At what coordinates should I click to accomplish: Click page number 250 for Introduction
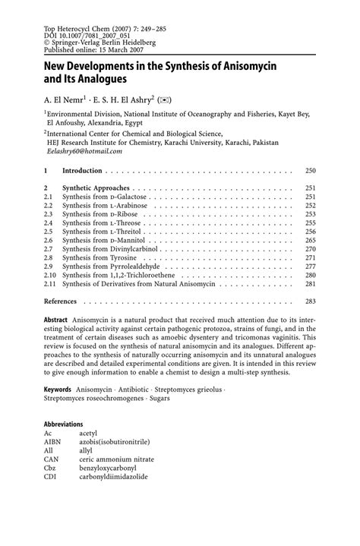click(x=309, y=171)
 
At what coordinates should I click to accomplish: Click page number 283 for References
click(x=309, y=301)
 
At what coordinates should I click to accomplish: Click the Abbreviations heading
click(x=63, y=424)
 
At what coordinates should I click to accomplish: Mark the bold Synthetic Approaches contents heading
click(x=96, y=188)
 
